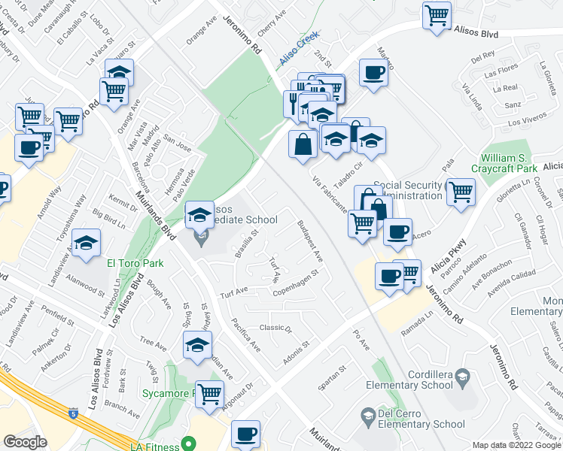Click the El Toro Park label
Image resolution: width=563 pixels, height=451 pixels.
coord(135,264)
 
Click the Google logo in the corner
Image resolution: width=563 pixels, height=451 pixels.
coord(26,442)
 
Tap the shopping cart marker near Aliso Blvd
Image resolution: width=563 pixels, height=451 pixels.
coord(437,14)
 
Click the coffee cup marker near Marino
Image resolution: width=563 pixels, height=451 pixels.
coord(373,73)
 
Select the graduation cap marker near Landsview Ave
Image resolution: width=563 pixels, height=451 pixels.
coord(87,243)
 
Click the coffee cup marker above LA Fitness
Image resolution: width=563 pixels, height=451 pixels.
coord(245,434)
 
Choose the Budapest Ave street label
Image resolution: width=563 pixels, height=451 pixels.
coord(309,241)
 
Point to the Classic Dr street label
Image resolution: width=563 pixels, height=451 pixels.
coord(275,328)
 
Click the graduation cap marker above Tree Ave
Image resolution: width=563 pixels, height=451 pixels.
coord(196,346)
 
